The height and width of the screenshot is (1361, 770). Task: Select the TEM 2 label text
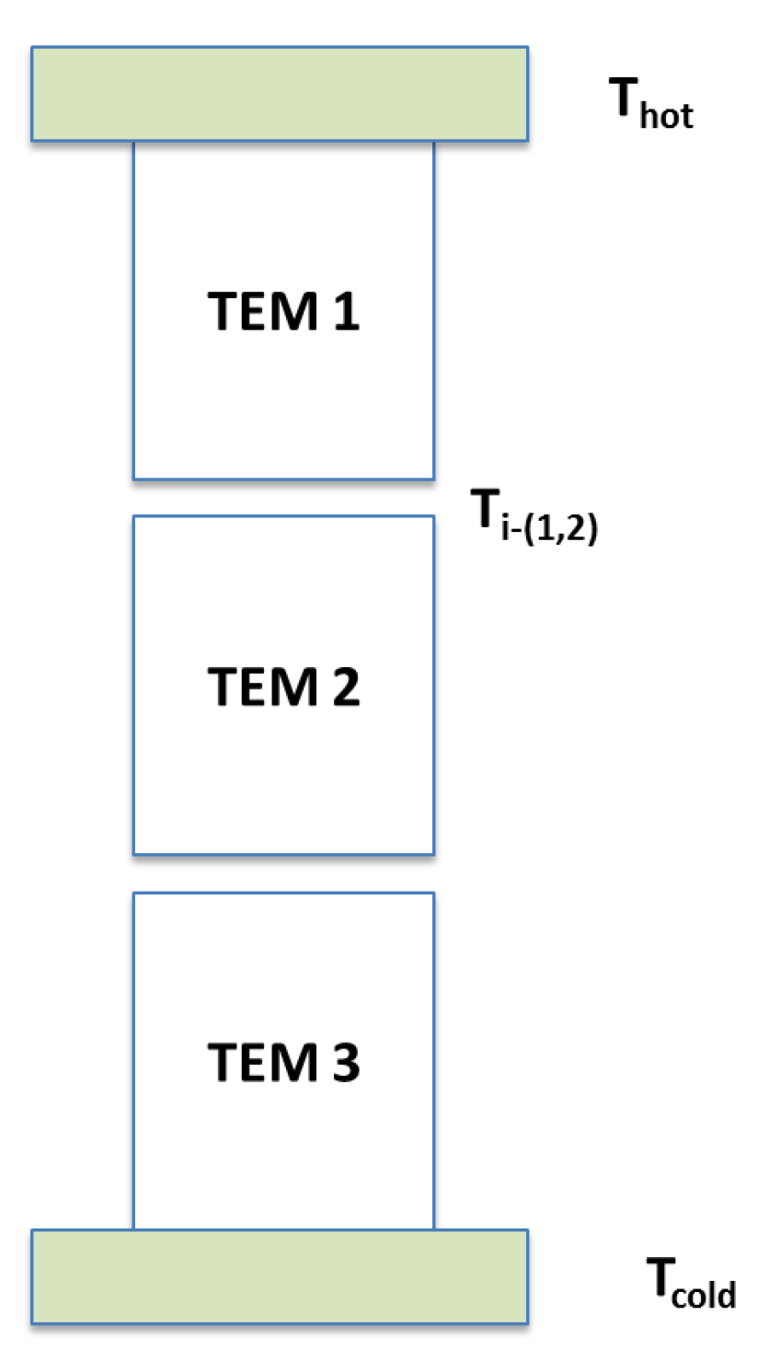283,686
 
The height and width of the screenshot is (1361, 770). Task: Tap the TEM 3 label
283,1062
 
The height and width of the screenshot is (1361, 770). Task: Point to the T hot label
650,99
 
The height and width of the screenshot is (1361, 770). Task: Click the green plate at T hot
280,93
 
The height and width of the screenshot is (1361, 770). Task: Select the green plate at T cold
280,1275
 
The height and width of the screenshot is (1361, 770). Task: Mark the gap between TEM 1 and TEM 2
283,497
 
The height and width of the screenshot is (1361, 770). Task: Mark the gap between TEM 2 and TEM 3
283,872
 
